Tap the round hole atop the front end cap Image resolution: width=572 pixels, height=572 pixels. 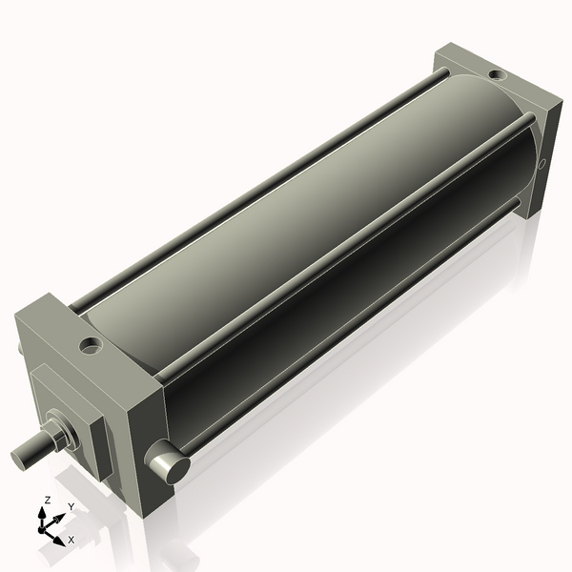(91, 344)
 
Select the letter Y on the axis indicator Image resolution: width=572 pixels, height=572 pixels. (71, 506)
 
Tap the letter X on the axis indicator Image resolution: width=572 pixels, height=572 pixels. (71, 540)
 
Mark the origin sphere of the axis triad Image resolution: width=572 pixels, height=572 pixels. (44, 526)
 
